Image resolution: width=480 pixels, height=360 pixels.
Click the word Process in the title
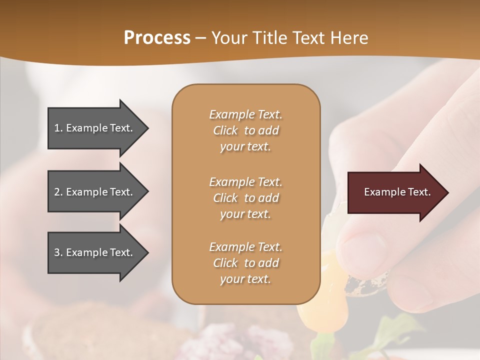(x=157, y=38)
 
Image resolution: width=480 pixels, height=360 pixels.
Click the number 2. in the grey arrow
(x=58, y=192)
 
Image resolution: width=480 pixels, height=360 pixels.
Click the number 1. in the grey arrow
(x=58, y=128)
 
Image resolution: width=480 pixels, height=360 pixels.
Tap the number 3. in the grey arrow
(x=58, y=252)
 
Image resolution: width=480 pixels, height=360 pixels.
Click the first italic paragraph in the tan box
(x=245, y=130)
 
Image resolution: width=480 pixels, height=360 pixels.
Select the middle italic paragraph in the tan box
(x=245, y=198)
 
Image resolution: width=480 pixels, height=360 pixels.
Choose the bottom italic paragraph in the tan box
(x=245, y=263)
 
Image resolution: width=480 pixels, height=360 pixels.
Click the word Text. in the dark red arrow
(x=419, y=192)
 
